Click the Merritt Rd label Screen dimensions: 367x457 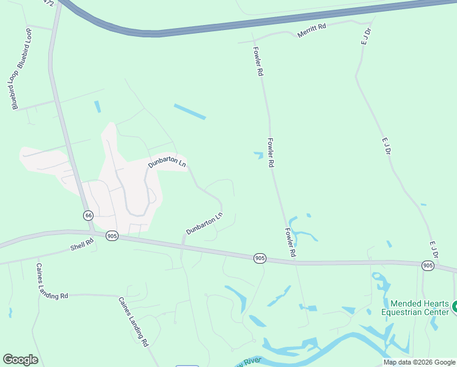click(312, 31)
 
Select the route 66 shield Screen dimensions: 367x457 click(89, 215)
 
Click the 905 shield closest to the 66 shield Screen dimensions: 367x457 click(112, 235)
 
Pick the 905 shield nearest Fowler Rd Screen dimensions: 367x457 click(260, 259)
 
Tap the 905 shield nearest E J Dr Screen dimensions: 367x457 click(428, 265)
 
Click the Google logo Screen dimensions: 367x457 click(20, 360)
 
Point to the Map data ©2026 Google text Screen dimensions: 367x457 click(420, 362)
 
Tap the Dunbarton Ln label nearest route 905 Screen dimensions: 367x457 click(204, 223)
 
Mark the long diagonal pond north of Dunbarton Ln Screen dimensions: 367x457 click(190, 111)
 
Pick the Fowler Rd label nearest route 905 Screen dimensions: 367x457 click(290, 242)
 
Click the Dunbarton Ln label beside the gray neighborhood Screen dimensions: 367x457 click(167, 162)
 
